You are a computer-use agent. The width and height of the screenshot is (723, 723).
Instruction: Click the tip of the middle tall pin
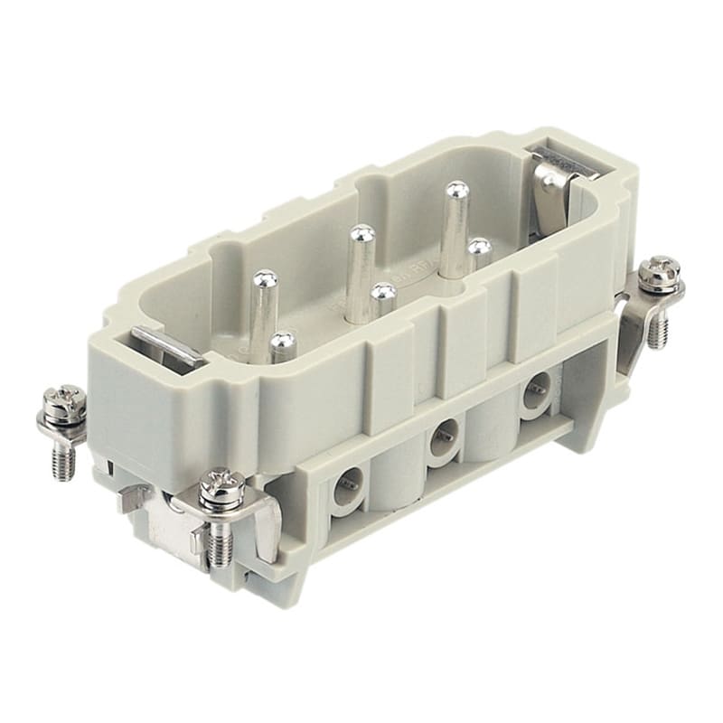[x=362, y=233]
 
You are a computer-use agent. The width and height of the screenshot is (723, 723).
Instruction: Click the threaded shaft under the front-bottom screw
[x=220, y=544]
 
